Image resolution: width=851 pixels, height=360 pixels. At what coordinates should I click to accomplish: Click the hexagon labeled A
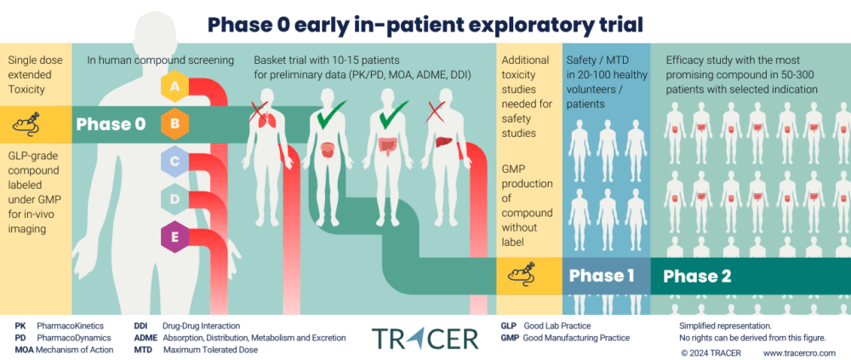pyautogui.click(x=175, y=87)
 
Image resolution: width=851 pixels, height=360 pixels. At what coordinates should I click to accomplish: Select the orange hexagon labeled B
pyautogui.click(x=175, y=124)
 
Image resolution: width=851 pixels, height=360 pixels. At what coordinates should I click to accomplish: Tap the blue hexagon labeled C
pyautogui.click(x=175, y=161)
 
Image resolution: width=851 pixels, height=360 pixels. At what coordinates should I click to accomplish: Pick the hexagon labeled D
pyautogui.click(x=175, y=198)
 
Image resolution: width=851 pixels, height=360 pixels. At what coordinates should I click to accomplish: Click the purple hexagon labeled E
pyautogui.click(x=175, y=237)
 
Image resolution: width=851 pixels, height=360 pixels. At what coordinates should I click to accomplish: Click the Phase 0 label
pyautogui.click(x=111, y=124)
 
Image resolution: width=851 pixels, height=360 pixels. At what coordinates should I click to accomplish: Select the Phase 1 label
pyautogui.click(x=601, y=276)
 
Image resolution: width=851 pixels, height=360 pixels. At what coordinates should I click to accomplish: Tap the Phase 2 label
pyautogui.click(x=696, y=276)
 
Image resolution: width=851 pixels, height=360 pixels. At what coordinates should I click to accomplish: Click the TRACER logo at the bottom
pyautogui.click(x=425, y=337)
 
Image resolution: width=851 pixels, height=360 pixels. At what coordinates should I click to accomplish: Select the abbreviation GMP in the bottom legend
pyautogui.click(x=510, y=338)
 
